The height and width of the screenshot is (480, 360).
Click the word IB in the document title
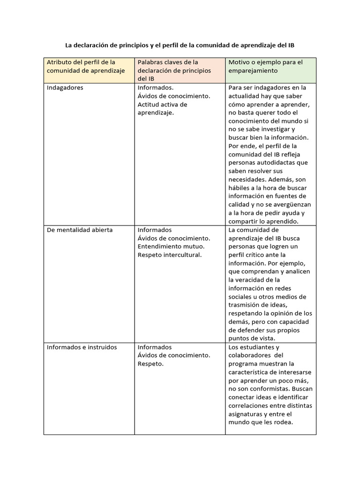coord(291,45)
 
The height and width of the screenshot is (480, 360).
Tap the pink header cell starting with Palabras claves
coord(180,70)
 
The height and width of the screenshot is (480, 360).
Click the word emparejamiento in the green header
coord(253,70)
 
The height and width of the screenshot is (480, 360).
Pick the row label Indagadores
coord(65,88)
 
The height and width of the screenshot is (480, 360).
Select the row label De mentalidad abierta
coord(80,230)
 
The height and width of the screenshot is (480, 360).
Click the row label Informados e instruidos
coord(82,347)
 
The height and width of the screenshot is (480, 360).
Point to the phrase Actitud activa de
coord(163,104)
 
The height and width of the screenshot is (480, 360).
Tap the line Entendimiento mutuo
coord(171,246)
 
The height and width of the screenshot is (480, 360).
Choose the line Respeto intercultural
coord(169,255)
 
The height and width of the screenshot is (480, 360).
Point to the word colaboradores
coord(248,355)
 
